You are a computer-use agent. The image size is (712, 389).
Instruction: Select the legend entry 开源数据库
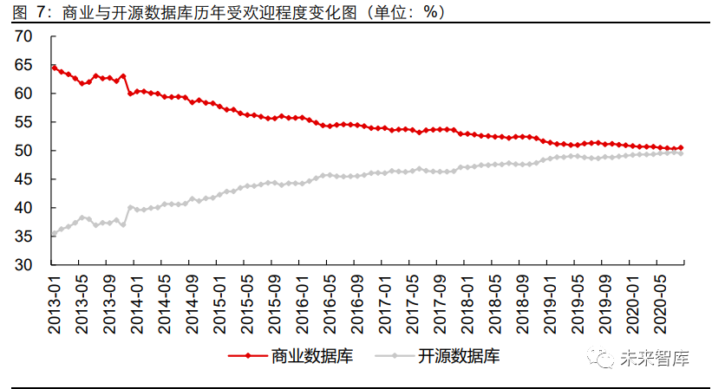[x=459, y=355]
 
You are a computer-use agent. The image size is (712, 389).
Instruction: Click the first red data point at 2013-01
[x=54, y=68]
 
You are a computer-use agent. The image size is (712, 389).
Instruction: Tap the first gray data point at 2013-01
[x=54, y=233]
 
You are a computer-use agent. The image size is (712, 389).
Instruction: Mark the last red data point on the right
[x=681, y=148]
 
